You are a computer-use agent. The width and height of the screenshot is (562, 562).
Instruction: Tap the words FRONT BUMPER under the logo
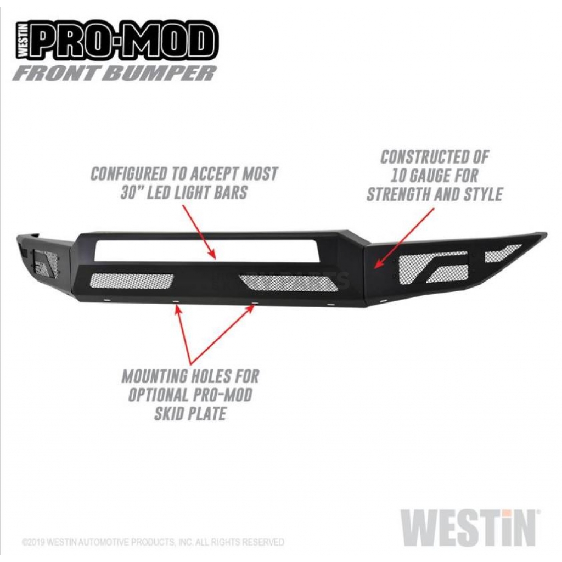click(115, 73)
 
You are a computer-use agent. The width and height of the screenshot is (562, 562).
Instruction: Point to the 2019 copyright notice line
click(153, 542)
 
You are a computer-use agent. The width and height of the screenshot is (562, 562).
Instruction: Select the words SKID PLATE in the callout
click(190, 413)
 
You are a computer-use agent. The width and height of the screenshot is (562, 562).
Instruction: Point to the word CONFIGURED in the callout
click(128, 174)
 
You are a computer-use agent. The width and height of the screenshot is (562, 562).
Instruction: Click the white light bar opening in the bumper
click(207, 250)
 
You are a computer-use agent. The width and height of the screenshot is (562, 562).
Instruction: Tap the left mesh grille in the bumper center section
click(132, 281)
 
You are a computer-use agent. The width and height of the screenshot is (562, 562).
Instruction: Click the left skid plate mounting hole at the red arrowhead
click(176, 302)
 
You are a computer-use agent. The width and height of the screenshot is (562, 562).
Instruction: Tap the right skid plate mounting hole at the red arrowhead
click(255, 304)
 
